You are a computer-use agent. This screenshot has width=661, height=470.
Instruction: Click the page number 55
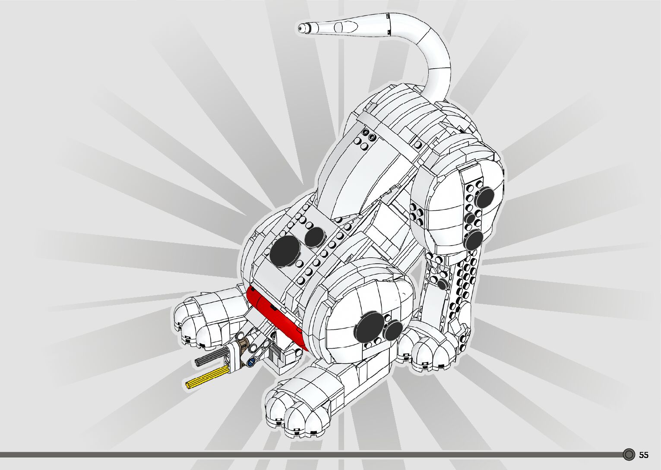(644, 455)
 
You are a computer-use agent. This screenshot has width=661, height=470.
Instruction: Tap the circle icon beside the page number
(629, 454)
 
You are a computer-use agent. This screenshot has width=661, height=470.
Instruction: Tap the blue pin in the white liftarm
(250, 363)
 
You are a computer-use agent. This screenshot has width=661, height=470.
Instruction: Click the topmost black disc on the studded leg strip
(485, 197)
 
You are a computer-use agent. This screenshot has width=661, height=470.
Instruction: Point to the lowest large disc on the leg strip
(474, 239)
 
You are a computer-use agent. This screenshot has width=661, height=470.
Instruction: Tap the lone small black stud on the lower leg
(442, 284)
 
